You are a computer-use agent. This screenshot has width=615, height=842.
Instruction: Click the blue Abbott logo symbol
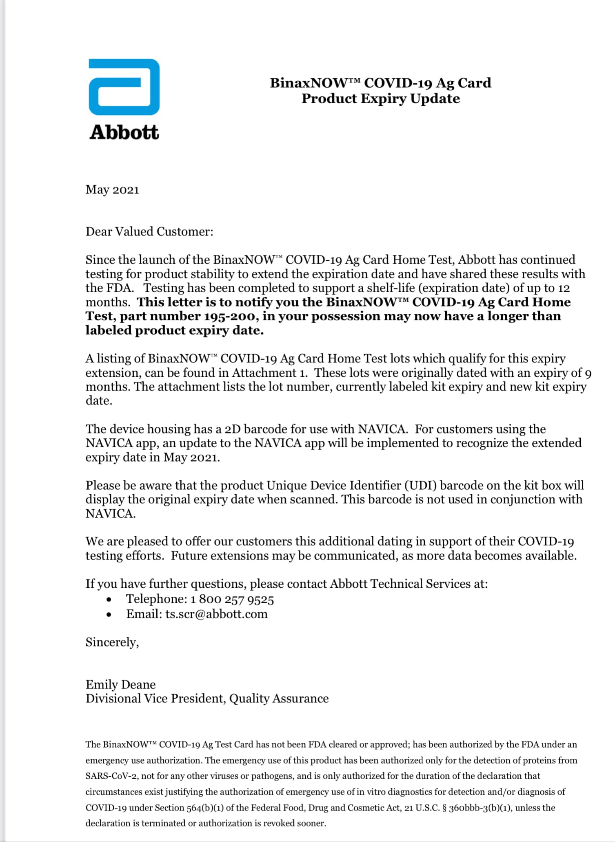click(x=124, y=87)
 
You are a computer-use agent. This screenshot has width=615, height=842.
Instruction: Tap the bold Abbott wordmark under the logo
click(x=124, y=133)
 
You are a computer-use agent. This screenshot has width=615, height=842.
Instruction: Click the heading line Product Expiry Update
click(x=380, y=99)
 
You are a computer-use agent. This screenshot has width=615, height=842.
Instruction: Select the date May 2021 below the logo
click(x=112, y=190)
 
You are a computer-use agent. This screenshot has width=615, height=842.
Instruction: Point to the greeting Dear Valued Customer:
click(x=149, y=232)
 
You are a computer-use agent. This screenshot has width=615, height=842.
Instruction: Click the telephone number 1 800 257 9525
click(x=232, y=599)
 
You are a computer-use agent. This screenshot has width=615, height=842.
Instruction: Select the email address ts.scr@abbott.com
click(x=216, y=614)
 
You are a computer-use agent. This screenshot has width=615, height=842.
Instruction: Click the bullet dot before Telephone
click(x=109, y=600)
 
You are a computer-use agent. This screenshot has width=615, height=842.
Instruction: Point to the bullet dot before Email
click(x=109, y=615)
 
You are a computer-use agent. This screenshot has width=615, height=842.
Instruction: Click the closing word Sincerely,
click(x=112, y=642)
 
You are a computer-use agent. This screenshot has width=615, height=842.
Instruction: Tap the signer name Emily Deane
click(x=120, y=684)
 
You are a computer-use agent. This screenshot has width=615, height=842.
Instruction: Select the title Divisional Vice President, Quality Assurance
click(x=207, y=699)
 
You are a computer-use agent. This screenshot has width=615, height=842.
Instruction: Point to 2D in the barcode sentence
click(x=233, y=429)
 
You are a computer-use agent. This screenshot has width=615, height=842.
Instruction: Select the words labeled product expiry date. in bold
click(x=174, y=331)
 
